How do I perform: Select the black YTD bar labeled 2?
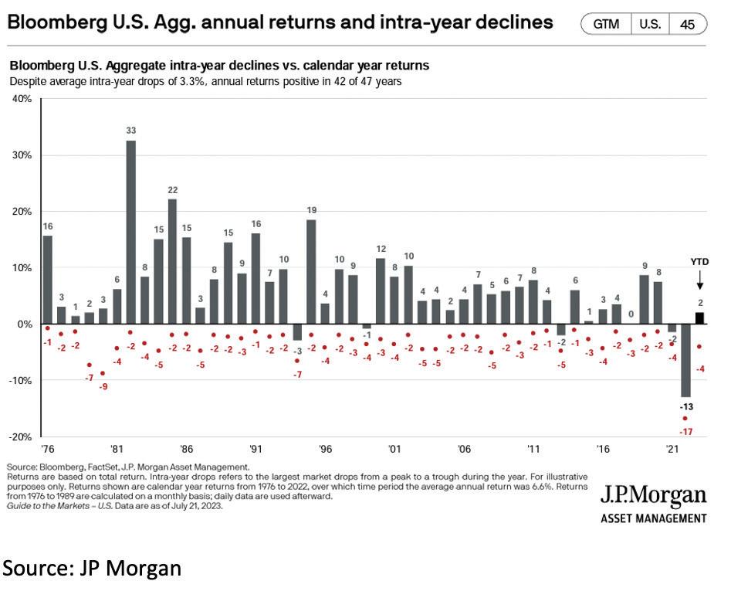click(699, 318)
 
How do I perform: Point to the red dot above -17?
click(685, 418)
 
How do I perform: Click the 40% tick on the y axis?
click(20, 100)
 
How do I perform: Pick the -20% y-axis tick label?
click(19, 436)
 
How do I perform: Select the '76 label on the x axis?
click(48, 448)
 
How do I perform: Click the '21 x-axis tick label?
click(672, 448)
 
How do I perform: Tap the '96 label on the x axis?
click(325, 448)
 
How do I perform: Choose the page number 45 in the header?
click(687, 25)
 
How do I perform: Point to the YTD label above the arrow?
click(699, 262)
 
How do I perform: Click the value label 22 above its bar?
click(173, 190)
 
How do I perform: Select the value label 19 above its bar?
click(311, 210)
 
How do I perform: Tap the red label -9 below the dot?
click(103, 386)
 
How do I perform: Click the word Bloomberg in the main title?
click(54, 22)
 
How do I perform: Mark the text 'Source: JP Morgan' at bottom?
click(93, 569)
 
